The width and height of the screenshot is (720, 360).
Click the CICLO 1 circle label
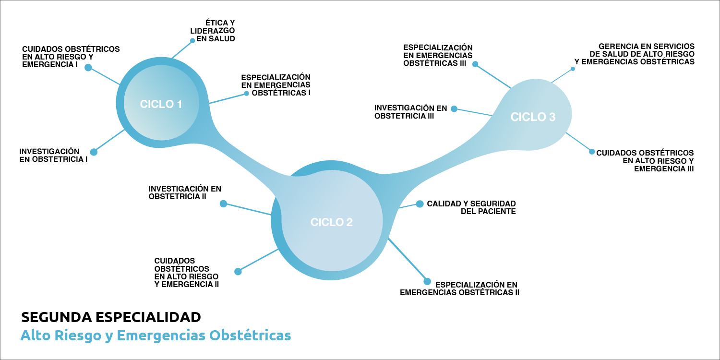click(161, 104)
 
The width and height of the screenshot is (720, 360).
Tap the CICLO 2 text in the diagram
click(332, 222)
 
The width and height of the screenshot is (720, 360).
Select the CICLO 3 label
click(533, 117)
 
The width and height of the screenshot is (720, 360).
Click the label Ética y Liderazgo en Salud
click(216, 31)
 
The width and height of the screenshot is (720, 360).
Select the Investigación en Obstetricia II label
click(185, 192)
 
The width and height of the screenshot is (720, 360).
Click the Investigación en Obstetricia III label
click(410, 112)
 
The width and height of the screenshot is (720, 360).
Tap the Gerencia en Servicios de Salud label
click(635, 54)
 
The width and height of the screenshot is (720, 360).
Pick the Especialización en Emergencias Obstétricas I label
click(276, 84)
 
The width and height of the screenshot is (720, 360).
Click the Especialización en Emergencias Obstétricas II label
click(460, 288)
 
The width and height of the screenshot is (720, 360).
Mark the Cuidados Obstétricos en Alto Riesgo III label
click(645, 160)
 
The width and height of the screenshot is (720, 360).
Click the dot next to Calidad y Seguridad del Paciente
click(420, 204)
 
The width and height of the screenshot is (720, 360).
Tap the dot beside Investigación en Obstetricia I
click(94, 152)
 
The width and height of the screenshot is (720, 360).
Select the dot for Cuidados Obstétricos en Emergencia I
click(88, 68)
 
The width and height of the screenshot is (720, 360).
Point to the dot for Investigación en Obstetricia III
click(454, 109)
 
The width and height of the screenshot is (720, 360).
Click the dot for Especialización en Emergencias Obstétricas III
click(475, 64)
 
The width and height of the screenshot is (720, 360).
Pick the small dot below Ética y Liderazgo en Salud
click(192, 41)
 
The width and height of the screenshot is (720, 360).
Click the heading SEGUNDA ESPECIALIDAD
click(111, 317)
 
